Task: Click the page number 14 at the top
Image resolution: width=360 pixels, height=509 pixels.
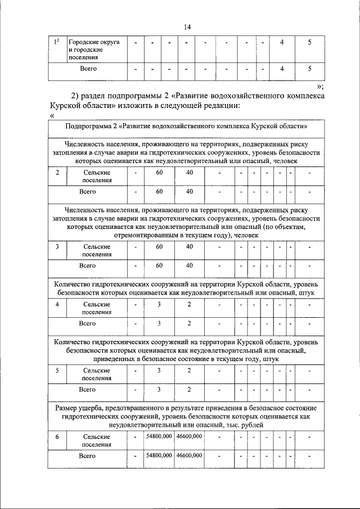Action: pos(188,26)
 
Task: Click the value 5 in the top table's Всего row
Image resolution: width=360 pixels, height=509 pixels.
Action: pos(309,69)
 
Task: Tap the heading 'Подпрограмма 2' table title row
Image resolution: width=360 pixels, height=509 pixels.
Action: pos(185,126)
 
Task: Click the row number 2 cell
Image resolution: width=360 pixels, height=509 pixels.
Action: pos(57,173)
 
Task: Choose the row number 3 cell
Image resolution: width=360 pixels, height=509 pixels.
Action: pos(57,247)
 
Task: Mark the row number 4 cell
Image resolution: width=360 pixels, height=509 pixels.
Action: pos(57,304)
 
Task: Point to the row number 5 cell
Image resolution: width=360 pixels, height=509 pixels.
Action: pos(57,371)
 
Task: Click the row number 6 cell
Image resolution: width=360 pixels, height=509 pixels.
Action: pos(57,436)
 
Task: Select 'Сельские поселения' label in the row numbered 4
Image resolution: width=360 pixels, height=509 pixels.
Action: pos(97,308)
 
